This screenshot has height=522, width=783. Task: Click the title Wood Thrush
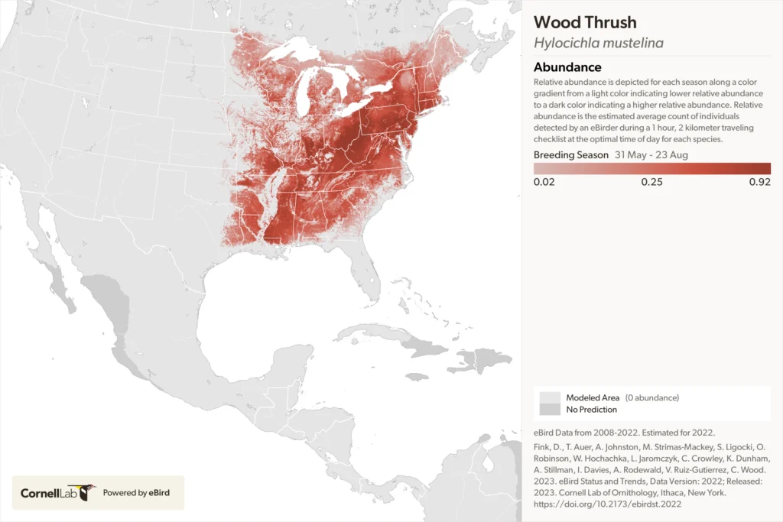click(x=585, y=22)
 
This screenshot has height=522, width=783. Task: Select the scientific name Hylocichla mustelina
click(x=598, y=43)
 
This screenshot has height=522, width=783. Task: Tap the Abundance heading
click(x=567, y=67)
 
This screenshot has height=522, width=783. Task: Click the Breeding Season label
click(x=571, y=154)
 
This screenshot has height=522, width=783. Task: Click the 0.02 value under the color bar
click(x=544, y=182)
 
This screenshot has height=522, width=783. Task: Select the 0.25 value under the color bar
click(x=651, y=182)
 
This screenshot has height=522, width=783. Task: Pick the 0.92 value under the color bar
click(x=759, y=182)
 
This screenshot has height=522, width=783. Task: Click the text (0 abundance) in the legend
click(x=651, y=398)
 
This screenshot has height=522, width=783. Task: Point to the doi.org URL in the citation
click(x=607, y=504)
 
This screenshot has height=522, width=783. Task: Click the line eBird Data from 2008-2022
click(x=603, y=433)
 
